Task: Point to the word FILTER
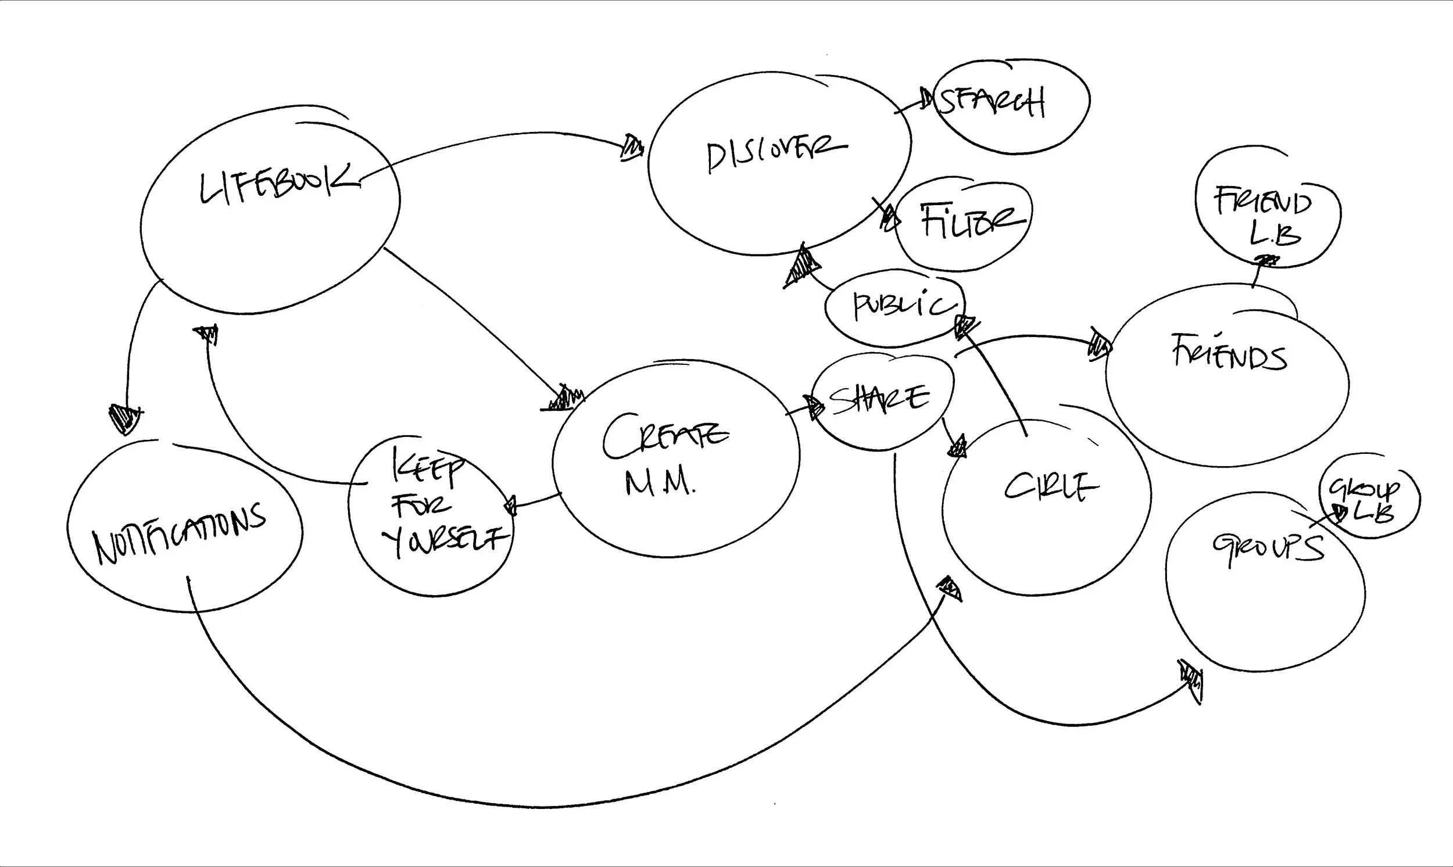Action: pyautogui.click(x=972, y=221)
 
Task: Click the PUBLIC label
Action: pyautogui.click(x=903, y=306)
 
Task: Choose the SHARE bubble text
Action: pyautogui.click(x=879, y=400)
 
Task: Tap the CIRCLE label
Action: pyautogui.click(x=1050, y=486)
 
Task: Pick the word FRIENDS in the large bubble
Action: pyautogui.click(x=1229, y=352)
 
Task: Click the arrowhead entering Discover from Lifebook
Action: pyautogui.click(x=632, y=148)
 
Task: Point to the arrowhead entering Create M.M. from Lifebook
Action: pyautogui.click(x=563, y=399)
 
